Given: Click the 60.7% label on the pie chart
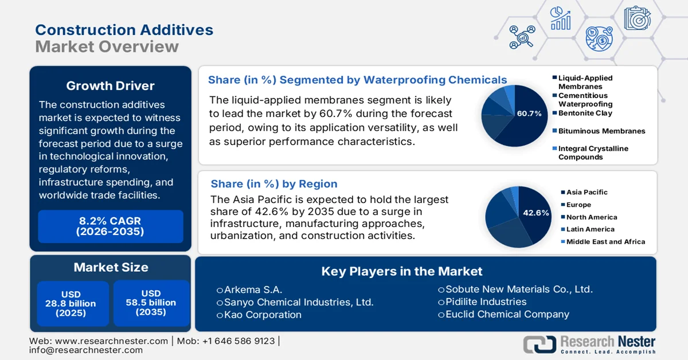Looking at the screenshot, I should (529, 114).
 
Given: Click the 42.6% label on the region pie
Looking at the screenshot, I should (536, 213).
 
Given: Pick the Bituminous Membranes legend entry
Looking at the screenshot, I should (601, 131).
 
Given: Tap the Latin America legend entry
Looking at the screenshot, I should (590, 229).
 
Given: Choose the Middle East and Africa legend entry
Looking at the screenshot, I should (605, 242).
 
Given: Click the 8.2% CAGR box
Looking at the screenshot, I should (110, 226).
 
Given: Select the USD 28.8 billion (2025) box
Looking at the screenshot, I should (71, 303).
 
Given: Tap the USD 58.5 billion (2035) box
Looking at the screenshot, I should (151, 303).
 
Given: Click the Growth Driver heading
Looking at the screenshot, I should (110, 86).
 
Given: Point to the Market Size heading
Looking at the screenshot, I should (110, 267).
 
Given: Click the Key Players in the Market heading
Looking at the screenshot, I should (401, 271).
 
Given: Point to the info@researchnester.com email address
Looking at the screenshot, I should (86, 350).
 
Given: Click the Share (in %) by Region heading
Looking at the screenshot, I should (274, 184).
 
